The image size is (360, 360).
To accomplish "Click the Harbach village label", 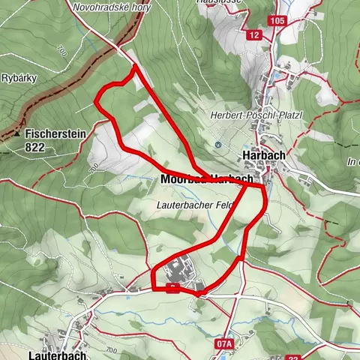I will pos(263,155).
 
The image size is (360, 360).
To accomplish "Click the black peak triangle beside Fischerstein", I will pos(16,135).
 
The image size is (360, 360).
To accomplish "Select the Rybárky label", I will pos(16,76).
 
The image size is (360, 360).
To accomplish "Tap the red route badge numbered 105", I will pos(277,20).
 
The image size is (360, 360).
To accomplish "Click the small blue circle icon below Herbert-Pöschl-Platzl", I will pos(217,144).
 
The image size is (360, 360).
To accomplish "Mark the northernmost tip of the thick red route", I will pos(135,66).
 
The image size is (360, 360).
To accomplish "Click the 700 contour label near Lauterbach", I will pos(112,350).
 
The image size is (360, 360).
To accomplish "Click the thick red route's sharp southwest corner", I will pos(153,288).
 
